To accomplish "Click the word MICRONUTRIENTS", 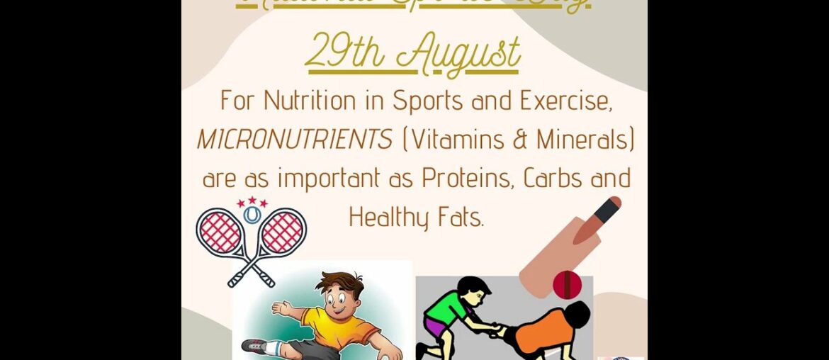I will [295, 140].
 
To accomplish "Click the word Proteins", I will [466, 178].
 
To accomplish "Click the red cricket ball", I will [567, 284].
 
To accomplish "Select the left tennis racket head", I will [220, 232].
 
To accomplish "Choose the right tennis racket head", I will [283, 232].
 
